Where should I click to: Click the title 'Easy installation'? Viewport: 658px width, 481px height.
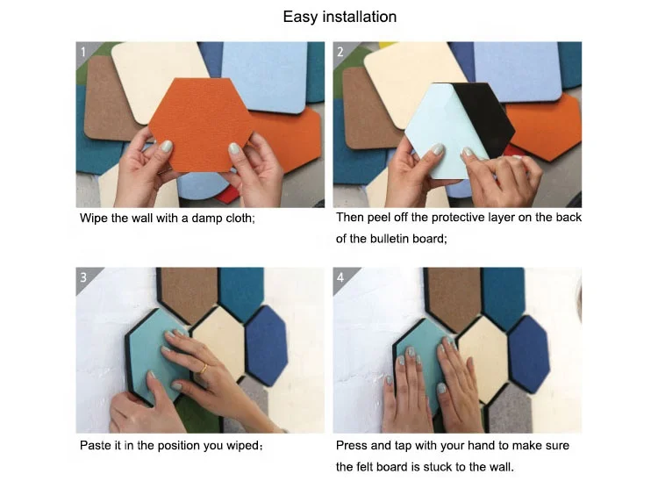click(340, 17)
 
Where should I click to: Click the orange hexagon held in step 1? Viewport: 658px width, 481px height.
click(201, 125)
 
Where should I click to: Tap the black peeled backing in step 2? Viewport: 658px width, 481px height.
click(483, 118)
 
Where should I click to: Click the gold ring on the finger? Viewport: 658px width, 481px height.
click(204, 369)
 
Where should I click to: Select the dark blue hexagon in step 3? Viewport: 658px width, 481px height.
click(267, 345)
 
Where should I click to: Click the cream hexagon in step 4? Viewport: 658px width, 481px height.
click(483, 359)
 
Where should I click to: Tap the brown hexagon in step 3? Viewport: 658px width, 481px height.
click(189, 294)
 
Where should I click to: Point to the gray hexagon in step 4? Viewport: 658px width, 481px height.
click(505, 409)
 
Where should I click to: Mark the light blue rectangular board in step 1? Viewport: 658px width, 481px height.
click(265, 75)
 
